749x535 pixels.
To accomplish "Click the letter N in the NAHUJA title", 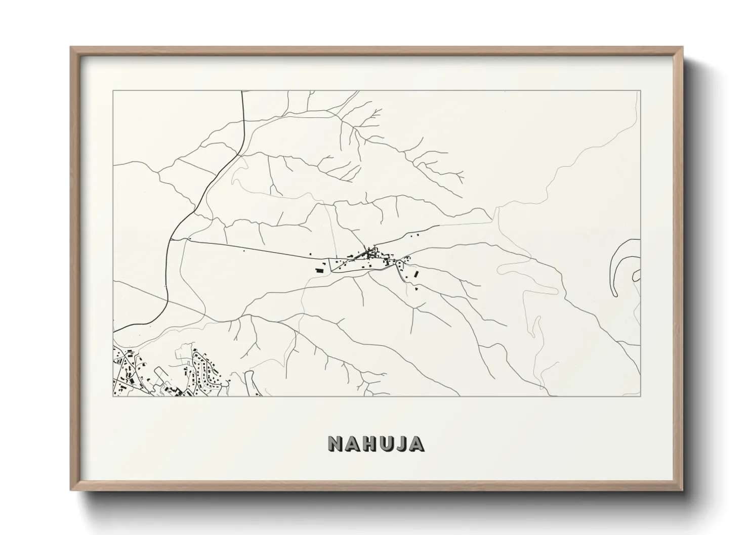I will click(x=336, y=443).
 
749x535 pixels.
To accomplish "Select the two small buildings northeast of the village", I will click(x=414, y=235).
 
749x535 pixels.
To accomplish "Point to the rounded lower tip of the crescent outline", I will click(x=615, y=293).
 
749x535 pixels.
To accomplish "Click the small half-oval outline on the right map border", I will click(x=636, y=276).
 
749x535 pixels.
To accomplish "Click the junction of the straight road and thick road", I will click(x=170, y=240).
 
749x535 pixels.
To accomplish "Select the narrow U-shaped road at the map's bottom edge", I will click(x=249, y=382).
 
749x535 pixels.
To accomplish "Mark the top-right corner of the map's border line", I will click(x=640, y=91).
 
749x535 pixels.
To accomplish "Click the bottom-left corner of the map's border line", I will click(x=113, y=396).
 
